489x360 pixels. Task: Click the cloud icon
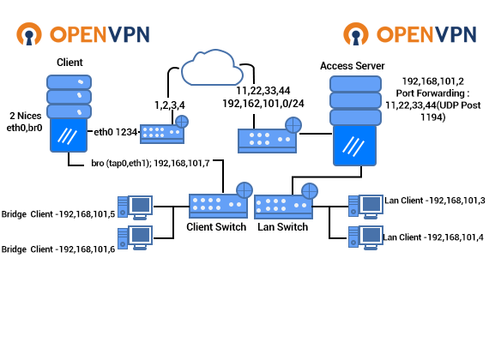coord(212,68)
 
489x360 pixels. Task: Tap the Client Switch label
coord(216,227)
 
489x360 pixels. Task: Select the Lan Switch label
coord(282,227)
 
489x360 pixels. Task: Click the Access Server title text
coord(352,66)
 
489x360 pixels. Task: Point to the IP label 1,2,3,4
coord(170,105)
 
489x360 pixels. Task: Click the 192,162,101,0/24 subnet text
coord(263,104)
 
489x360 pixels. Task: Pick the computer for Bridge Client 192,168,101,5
coord(135,207)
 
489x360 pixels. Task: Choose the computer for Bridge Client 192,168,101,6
coord(135,237)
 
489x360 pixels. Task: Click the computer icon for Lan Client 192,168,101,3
coord(365,207)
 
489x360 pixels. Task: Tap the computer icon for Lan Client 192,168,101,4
coord(365,237)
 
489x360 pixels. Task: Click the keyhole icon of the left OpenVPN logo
coord(29,34)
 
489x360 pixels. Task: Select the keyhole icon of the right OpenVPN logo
coord(356,34)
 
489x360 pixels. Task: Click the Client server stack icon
coord(69,113)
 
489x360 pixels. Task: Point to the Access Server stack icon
coord(355,121)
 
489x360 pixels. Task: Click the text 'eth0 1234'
coord(116,132)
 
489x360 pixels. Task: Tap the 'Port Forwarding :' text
coord(432,93)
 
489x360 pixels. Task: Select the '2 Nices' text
coord(26,116)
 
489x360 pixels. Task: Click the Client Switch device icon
coord(220,201)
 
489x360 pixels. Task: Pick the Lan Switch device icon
coord(286,201)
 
